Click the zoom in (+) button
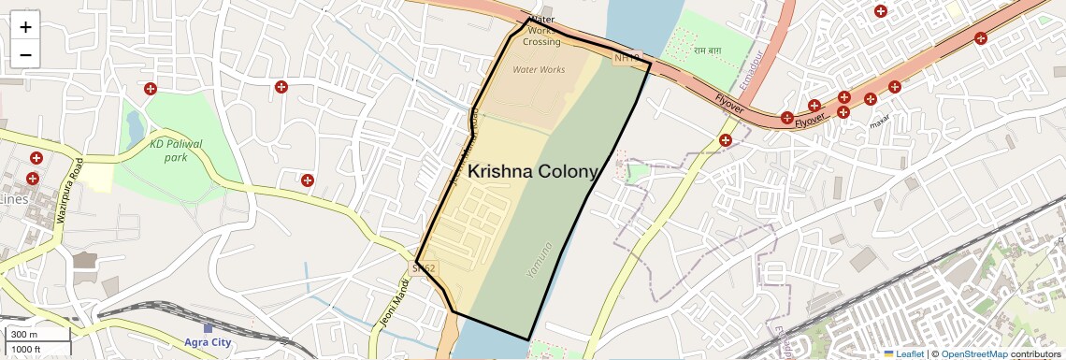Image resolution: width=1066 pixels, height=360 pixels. (x=25, y=27)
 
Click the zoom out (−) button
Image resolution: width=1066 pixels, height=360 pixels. (x=25, y=54)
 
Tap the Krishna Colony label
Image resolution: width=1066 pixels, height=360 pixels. (x=531, y=172)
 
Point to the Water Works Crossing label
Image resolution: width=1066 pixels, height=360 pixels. (x=541, y=31)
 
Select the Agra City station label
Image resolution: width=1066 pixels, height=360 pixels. (x=208, y=342)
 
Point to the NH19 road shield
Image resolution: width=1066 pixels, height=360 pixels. (x=627, y=58)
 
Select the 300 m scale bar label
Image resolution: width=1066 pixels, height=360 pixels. (x=25, y=335)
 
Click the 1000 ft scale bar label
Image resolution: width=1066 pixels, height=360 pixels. (x=26, y=349)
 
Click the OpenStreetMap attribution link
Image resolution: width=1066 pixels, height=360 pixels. (x=973, y=354)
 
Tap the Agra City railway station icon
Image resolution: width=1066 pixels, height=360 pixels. (x=208, y=329)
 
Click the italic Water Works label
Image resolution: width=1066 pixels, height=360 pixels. (x=539, y=70)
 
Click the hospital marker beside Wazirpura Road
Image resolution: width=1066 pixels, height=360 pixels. (x=36, y=158)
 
